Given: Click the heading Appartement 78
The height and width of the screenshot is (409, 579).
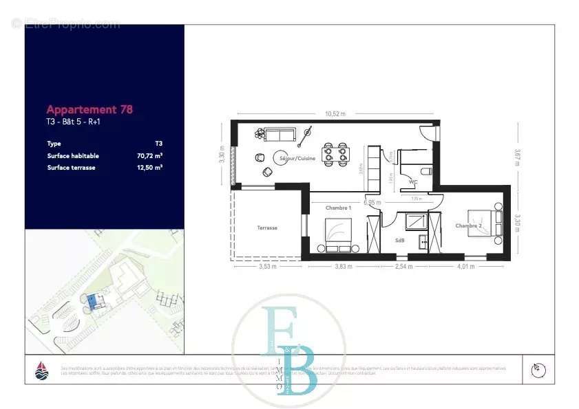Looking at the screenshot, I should (90, 109).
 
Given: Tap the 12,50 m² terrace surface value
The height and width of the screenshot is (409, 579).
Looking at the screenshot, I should (149, 167).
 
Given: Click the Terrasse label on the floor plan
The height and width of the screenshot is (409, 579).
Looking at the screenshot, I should (267, 228).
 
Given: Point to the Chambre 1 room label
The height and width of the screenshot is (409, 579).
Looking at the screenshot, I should (339, 208).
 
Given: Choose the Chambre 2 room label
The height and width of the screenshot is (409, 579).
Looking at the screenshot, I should (467, 226).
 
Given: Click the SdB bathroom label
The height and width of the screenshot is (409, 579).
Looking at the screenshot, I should (400, 241).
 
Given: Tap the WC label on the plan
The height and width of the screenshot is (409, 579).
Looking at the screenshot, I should (413, 182).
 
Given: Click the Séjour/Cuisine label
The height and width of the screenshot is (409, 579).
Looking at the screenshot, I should (297, 158).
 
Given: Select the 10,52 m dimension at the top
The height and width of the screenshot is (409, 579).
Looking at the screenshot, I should (335, 114).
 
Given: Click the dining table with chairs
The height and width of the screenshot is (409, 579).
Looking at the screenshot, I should (337, 154).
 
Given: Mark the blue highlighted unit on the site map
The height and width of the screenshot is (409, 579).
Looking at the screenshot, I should (94, 300).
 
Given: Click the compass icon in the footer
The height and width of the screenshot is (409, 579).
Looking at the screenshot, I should (538, 370).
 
